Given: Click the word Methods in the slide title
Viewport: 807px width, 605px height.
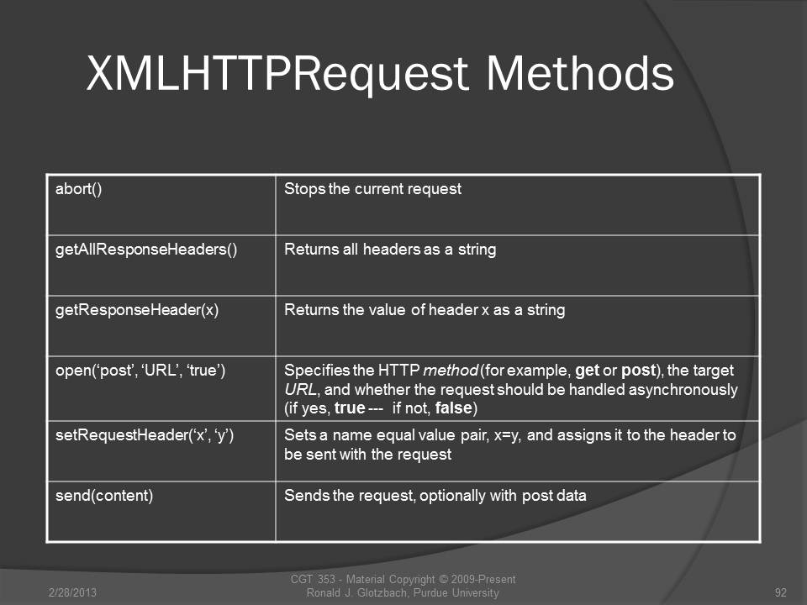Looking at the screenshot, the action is coord(579,73).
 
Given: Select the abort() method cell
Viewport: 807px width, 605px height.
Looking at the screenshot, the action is coord(161,205).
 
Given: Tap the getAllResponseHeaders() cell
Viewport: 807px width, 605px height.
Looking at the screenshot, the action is coord(161,266).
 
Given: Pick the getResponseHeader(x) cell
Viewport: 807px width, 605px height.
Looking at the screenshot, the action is coord(161,326).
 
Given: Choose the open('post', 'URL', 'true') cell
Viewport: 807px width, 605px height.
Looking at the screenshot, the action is coord(161,388).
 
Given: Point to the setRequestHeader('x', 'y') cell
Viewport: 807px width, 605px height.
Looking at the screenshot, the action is coord(161,451).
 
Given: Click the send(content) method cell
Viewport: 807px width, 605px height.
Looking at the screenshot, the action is coord(161,512).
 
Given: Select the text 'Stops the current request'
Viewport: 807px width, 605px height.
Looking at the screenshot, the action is coord(372,189).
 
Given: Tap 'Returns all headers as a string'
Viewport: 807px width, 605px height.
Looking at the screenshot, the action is coord(390,250).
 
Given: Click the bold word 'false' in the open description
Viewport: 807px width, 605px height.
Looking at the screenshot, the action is coord(453,408).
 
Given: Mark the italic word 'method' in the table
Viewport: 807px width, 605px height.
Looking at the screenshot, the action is coord(451,371).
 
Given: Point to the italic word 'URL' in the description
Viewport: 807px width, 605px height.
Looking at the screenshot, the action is coord(301,389).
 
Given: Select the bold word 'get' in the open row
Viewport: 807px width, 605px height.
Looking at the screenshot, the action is coord(588,371).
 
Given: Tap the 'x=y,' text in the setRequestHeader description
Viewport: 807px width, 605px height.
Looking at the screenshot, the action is coord(508,436).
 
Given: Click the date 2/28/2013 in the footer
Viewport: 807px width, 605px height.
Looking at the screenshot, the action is coord(72,592).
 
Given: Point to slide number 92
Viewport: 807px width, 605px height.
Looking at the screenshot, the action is coord(781,592).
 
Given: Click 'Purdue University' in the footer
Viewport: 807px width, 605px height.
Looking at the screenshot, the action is coord(456,592).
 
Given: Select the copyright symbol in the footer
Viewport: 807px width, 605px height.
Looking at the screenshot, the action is coord(441,579).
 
